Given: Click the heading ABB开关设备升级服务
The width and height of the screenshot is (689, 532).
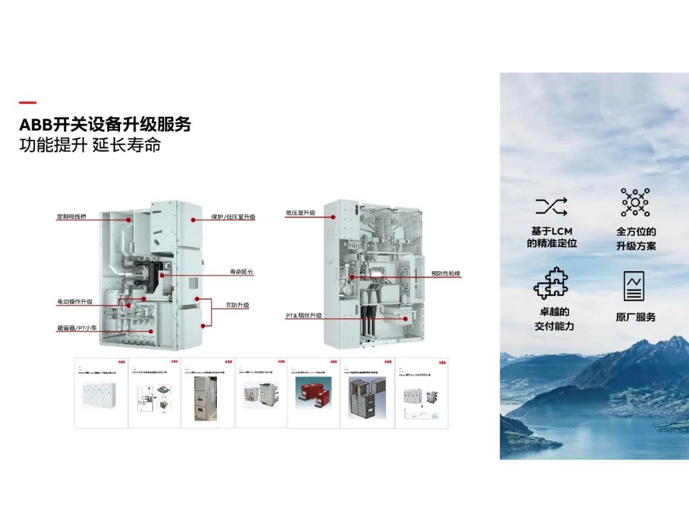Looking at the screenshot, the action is [105, 124].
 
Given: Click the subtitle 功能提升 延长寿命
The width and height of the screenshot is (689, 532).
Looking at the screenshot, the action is [89, 145].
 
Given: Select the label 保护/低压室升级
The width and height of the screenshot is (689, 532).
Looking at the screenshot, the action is [233, 217].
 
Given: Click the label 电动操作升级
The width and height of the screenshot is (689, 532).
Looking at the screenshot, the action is [75, 301].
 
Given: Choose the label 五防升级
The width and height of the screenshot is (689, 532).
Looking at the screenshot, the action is [237, 306].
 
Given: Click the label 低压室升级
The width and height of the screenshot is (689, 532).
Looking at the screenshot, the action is [300, 213].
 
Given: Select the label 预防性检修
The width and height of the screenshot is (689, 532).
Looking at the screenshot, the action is [445, 274].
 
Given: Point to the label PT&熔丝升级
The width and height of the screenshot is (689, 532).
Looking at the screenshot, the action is [303, 316].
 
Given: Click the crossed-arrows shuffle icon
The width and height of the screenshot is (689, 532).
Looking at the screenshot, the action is [551, 206].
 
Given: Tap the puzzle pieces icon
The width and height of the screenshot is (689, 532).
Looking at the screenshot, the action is [551, 283].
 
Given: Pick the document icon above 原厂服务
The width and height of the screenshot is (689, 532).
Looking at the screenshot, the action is [634, 286].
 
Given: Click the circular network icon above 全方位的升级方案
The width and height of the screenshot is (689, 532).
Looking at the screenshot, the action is [635, 203].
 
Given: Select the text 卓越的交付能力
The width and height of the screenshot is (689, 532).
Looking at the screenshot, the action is [553, 319].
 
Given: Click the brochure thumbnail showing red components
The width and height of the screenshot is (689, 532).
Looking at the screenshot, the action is [313, 392].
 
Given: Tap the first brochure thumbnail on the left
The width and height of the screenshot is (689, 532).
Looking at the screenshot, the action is [101, 392].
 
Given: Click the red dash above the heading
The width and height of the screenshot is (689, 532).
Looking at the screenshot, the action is [27, 103].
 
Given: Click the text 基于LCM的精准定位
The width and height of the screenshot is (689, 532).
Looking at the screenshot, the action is [552, 237].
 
